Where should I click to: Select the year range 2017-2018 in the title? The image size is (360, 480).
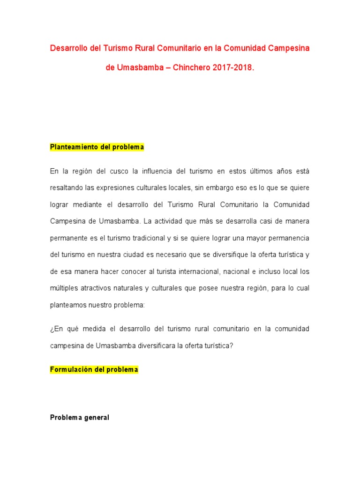[232, 67]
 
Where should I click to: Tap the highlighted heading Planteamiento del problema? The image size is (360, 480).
[97, 147]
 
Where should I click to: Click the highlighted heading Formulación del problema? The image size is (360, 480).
[94, 369]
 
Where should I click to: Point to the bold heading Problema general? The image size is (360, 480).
[80, 417]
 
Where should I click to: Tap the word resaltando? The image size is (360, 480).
[67, 187]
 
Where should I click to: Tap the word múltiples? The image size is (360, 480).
[65, 288]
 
